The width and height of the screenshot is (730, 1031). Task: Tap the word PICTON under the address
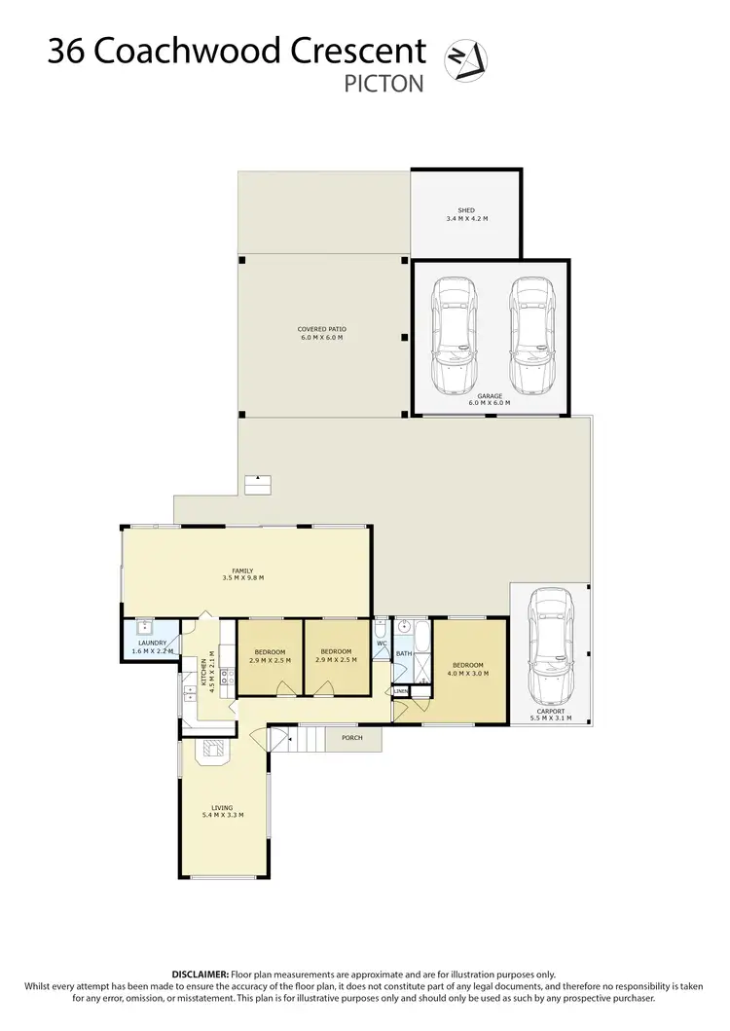click(x=384, y=84)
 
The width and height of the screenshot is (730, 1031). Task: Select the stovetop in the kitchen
click(x=226, y=679)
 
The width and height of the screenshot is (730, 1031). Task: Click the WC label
click(x=382, y=643)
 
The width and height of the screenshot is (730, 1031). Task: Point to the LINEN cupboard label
click(x=400, y=692)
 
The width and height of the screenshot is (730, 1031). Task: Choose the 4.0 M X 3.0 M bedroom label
click(x=464, y=669)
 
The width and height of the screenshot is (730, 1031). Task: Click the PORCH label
click(x=351, y=738)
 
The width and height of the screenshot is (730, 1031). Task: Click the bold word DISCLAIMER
click(x=201, y=974)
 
